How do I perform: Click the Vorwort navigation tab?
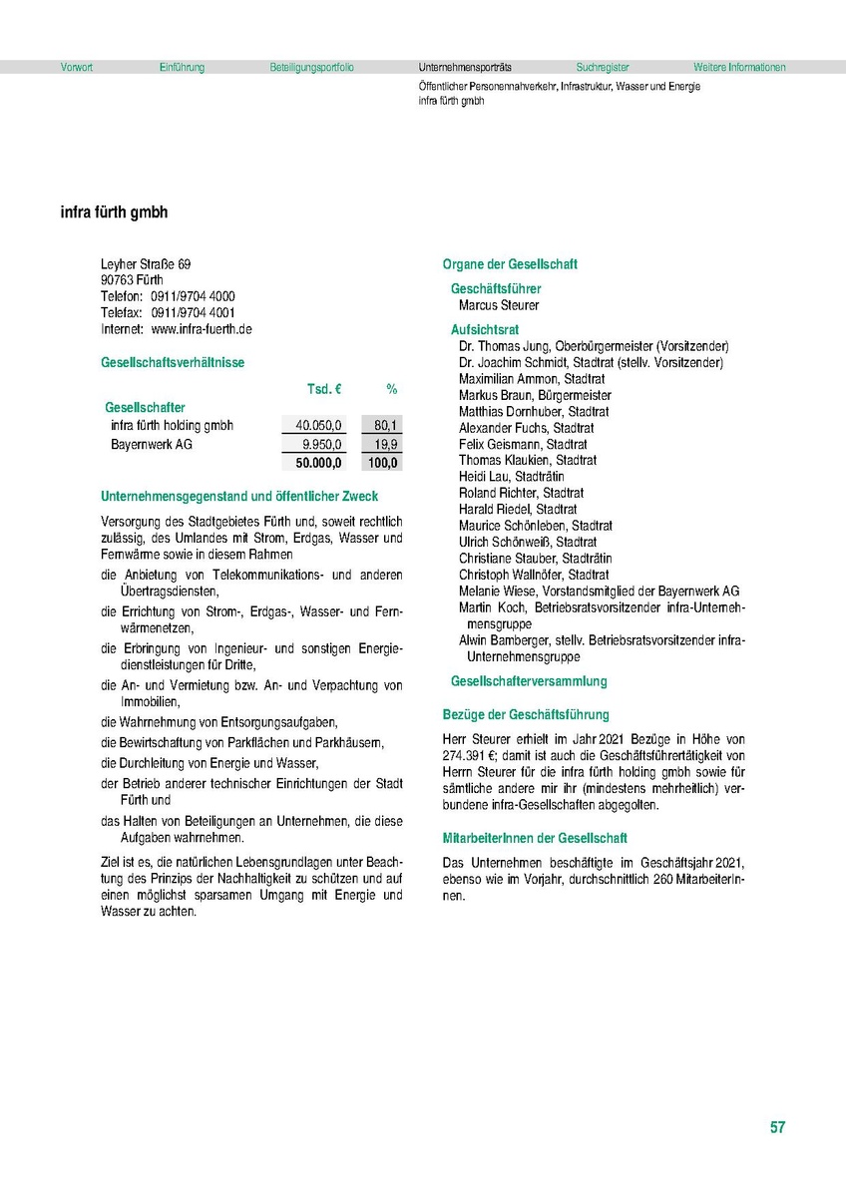pos(76,68)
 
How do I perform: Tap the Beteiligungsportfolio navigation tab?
pos(311,68)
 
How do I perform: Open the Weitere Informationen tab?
pos(739,68)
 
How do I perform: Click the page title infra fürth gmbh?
pos(115,212)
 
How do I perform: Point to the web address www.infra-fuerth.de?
pos(202,328)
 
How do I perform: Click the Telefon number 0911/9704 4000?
pos(194,296)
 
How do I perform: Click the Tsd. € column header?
pos(323,388)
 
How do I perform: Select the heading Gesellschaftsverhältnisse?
pos(173,363)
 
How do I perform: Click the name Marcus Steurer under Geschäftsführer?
pos(499,305)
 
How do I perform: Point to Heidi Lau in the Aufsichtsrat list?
pos(484,477)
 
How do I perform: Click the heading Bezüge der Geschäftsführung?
pos(526,714)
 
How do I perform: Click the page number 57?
pos(777,1128)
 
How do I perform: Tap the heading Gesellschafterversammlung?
pos(529,681)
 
